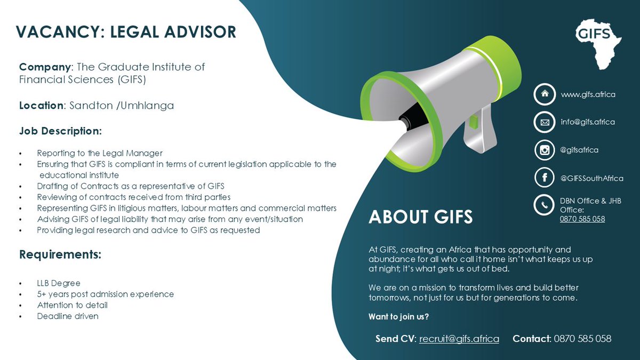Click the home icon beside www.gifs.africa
544,94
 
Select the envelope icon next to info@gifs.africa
544,122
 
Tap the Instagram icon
544,150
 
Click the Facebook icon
544,178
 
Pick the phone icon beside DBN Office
544,206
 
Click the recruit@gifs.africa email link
459,339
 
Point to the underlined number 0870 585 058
582,219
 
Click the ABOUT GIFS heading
421,217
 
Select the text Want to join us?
399,317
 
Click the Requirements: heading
60,254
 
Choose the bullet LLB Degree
59,283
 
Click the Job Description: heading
60,131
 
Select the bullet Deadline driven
68,316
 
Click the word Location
41,106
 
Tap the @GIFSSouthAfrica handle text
591,179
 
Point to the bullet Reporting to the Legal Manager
100,153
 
